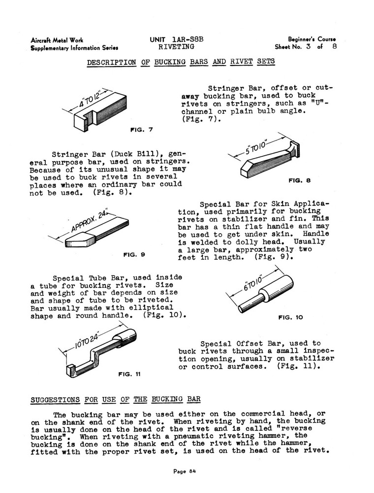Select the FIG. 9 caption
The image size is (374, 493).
pos(134,255)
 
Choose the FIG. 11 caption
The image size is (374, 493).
pos(130,374)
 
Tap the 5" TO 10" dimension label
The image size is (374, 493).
pos(256,147)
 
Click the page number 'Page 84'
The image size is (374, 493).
pos(186,471)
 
